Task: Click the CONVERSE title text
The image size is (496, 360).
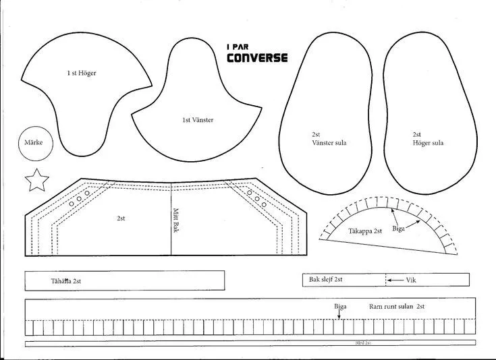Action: [x=256, y=57]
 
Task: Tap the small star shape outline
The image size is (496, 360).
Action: [x=37, y=180]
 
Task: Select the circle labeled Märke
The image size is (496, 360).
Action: [x=34, y=143]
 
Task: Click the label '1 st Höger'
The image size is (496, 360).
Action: [x=81, y=73]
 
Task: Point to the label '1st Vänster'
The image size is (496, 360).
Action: [x=198, y=120]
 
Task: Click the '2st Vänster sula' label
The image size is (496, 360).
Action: [x=329, y=139]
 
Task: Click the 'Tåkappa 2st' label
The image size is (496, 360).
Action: [x=365, y=231]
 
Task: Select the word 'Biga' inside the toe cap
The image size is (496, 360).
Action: [x=398, y=229]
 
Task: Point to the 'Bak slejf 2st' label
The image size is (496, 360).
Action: [x=326, y=279]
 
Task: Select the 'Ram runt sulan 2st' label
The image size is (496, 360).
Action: [x=396, y=307]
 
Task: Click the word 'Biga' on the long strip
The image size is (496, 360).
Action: [x=340, y=307]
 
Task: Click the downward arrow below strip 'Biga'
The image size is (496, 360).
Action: [x=339, y=315]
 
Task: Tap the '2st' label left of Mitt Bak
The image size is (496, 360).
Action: [x=121, y=218]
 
